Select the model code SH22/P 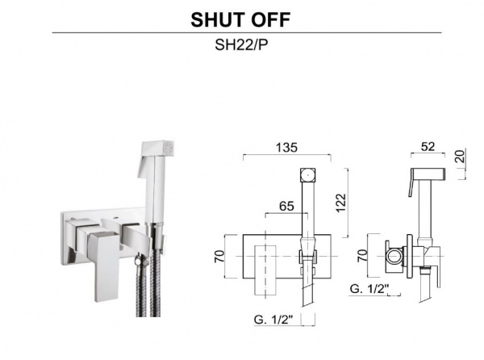click(x=241, y=45)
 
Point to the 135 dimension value click(x=286, y=148)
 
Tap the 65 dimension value click(x=286, y=206)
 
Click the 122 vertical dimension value click(x=341, y=203)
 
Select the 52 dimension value click(x=428, y=146)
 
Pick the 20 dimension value click(x=460, y=157)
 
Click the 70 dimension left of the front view click(x=219, y=256)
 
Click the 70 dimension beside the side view click(x=363, y=255)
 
